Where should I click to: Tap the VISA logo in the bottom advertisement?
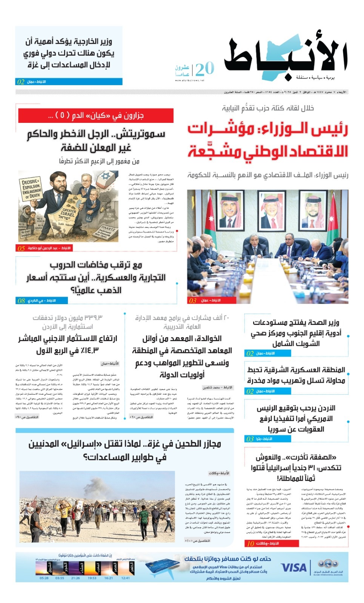(x=294, y=567)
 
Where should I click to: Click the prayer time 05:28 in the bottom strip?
(x=44, y=578)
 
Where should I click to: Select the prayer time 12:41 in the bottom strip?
(x=126, y=578)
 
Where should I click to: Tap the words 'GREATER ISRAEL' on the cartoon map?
(x=69, y=214)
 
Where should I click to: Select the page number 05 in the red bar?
(x=21, y=248)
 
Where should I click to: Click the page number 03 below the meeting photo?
(x=193, y=300)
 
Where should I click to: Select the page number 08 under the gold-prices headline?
(x=21, y=300)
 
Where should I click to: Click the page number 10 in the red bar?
(x=250, y=543)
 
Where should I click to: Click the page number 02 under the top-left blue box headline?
(x=21, y=82)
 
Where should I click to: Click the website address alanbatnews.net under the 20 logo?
(x=189, y=80)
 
